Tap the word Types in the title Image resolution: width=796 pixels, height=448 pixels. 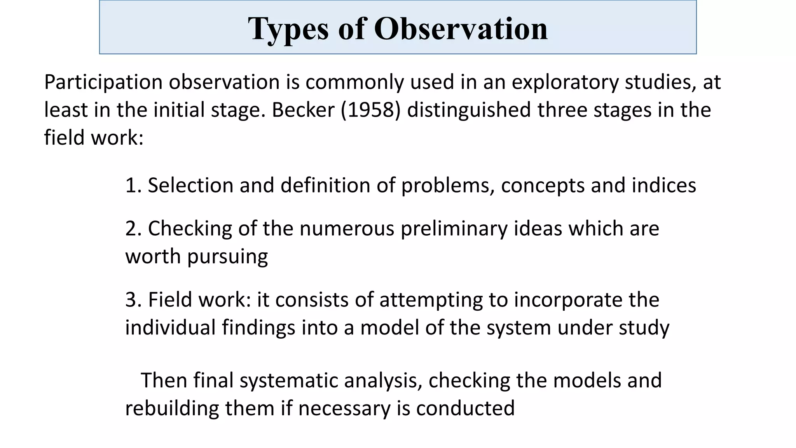(x=288, y=29)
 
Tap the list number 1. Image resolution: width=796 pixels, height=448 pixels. (x=133, y=185)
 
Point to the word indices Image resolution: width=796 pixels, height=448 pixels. (x=663, y=185)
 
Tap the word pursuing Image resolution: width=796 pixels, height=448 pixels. (x=227, y=257)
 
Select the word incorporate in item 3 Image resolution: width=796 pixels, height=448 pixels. (x=565, y=300)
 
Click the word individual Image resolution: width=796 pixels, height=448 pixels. (x=170, y=327)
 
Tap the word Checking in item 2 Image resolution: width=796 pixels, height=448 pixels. (x=190, y=229)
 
